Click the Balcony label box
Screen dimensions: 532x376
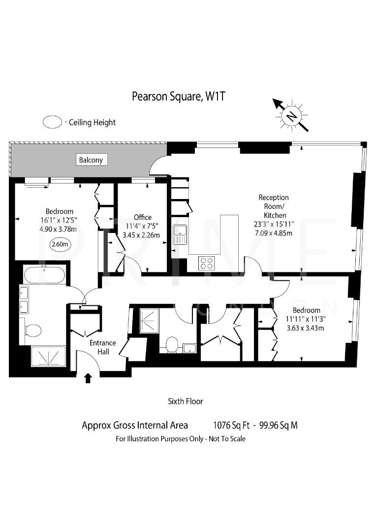click(x=91, y=160)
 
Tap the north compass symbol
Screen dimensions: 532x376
click(x=292, y=115)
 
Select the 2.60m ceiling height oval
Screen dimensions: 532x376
click(x=59, y=244)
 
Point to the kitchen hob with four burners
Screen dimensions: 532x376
click(x=206, y=263)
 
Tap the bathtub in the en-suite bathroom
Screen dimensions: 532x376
click(x=44, y=274)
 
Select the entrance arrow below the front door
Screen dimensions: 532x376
click(x=88, y=378)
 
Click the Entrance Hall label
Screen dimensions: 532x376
click(x=102, y=347)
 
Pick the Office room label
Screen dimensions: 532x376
click(x=143, y=217)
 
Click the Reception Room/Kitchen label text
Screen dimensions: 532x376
click(x=274, y=206)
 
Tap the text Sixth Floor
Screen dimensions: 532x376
click(x=186, y=401)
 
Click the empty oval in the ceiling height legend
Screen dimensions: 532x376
click(x=52, y=122)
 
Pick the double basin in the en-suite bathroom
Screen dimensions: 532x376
click(x=25, y=300)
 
